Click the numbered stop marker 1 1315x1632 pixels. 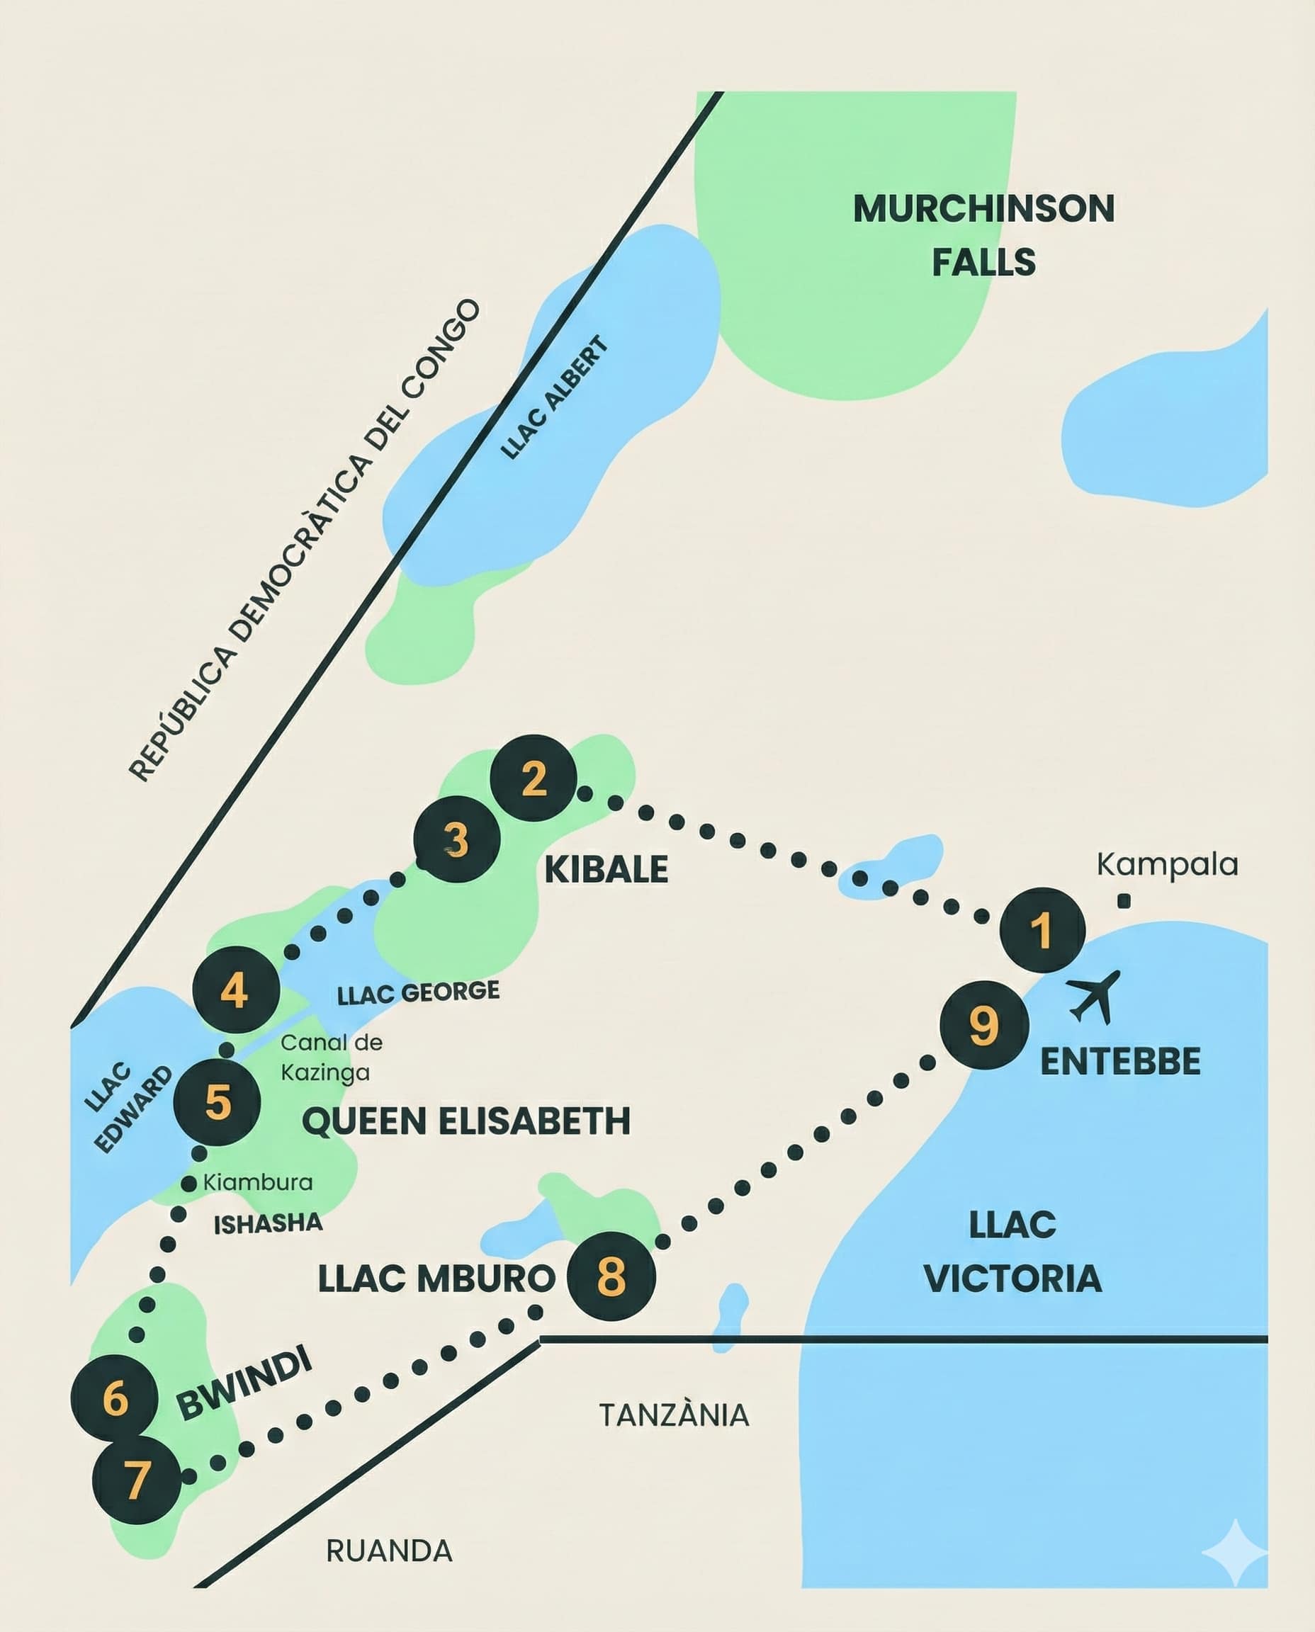pyautogui.click(x=1042, y=929)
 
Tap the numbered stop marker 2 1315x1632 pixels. pyautogui.click(x=534, y=778)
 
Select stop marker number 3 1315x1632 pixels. pyautogui.click(x=457, y=839)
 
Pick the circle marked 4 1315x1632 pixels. pyautogui.click(x=235, y=989)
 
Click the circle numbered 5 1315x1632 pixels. pyautogui.click(x=218, y=1102)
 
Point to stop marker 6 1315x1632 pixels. pyautogui.click(x=114, y=1398)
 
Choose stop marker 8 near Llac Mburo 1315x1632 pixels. pyautogui.click(x=611, y=1277)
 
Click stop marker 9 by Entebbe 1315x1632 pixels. pyautogui.click(x=984, y=1026)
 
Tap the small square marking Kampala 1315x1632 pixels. pyautogui.click(x=1124, y=901)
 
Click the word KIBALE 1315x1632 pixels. pyautogui.click(x=606, y=869)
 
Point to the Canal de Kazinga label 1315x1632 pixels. pyautogui.click(x=331, y=1058)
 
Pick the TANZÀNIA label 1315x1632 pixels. pyautogui.click(x=673, y=1415)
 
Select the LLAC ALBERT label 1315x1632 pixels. pyautogui.click(x=555, y=397)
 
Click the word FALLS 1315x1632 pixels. pyautogui.click(x=983, y=262)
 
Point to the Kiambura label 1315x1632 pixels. pyautogui.click(x=258, y=1182)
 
